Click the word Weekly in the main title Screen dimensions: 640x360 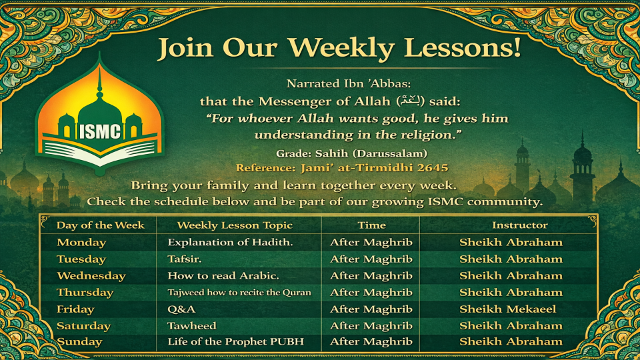coord(341,48)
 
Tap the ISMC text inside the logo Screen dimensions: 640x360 coord(100,131)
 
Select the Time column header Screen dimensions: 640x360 coord(371,225)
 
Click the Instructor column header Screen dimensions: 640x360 coord(519,225)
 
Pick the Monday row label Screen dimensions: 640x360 coord(81,243)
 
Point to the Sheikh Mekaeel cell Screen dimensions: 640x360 coord(508,309)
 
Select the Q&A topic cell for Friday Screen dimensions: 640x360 coord(181,309)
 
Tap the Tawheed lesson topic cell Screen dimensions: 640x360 coord(192,326)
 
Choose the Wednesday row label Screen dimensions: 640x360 coord(91,276)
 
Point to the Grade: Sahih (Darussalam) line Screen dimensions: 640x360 coord(351,153)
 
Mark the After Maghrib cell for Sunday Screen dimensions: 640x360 coord(371,341)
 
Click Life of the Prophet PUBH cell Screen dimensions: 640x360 coord(235,341)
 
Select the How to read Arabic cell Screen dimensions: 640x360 coord(223,276)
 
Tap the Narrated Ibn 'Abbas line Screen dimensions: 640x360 coord(349,84)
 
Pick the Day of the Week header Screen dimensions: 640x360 coord(101,225)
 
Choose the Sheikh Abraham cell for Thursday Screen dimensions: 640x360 coord(511,292)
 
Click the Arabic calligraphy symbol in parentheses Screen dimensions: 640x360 coord(411,101)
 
